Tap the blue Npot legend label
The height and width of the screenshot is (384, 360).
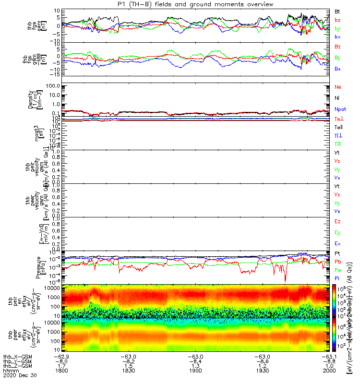point(340,109)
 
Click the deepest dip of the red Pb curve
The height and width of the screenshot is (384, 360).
point(285,281)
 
